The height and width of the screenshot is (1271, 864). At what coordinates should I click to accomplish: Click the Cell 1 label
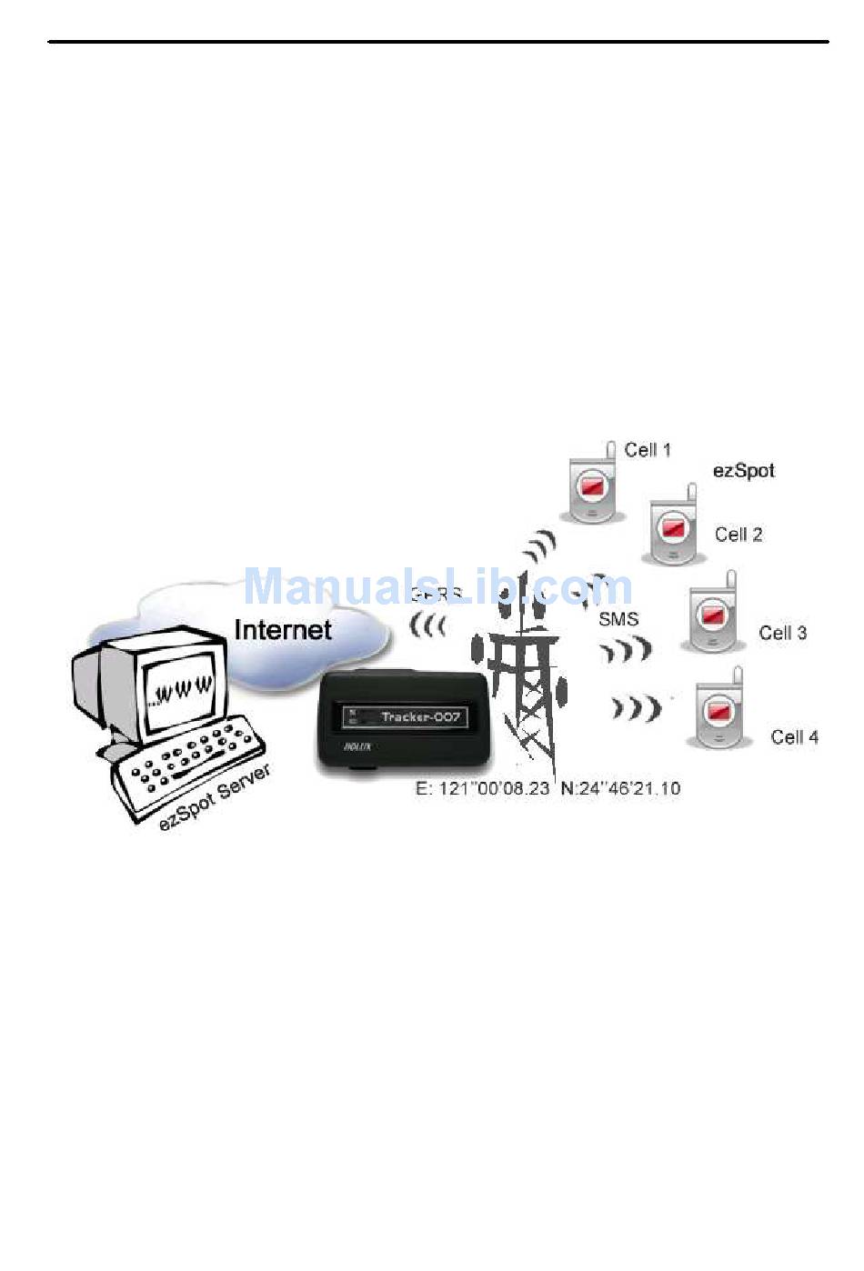pos(648,450)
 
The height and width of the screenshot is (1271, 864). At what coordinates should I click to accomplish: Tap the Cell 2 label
pos(738,535)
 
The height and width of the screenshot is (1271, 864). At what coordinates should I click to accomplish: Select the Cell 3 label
pos(782,633)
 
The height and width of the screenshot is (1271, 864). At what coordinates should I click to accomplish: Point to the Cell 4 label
pos(794,737)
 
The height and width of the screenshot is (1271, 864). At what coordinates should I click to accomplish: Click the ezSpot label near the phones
pos(743,471)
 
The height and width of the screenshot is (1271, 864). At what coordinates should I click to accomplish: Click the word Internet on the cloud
pos(283,629)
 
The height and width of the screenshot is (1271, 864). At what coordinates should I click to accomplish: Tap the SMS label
pos(618,619)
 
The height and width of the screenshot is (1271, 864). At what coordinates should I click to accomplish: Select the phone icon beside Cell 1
pos(592,485)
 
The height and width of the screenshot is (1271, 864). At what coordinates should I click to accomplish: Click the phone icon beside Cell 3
pos(712,614)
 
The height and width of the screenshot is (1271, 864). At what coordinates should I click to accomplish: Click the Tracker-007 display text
pos(420,717)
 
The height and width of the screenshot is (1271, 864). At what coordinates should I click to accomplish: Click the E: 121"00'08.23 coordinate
pos(482,788)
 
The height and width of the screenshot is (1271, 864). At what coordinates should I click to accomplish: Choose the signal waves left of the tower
pos(427,625)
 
